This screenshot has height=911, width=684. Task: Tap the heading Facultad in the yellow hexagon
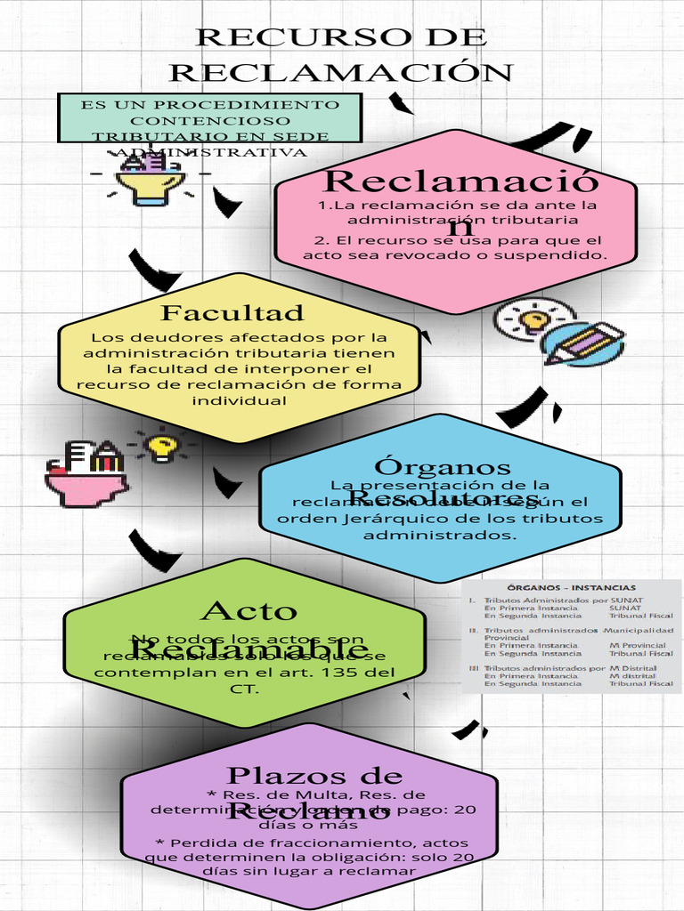tap(232, 313)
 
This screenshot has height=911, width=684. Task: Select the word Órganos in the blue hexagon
tap(443, 467)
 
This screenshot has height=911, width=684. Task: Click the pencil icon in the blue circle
tap(582, 344)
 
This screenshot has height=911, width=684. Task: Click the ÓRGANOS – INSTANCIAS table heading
tap(571, 587)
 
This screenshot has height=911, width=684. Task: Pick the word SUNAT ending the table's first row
tap(626, 601)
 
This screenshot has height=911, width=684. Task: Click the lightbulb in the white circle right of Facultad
tap(533, 319)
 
